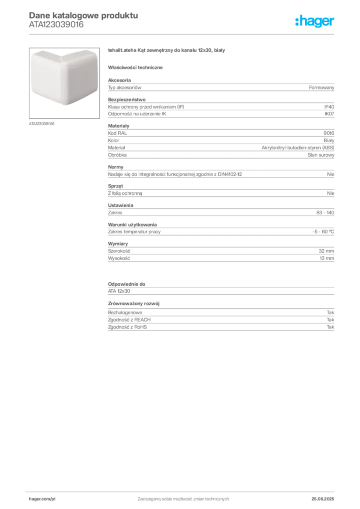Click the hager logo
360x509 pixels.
click(314, 21)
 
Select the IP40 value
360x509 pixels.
click(329, 107)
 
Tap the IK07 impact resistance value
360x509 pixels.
click(329, 114)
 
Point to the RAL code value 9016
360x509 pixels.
click(329, 133)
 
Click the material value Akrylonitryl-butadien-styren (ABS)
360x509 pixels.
click(298, 148)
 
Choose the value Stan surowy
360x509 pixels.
click(321, 155)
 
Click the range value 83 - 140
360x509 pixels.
click(325, 213)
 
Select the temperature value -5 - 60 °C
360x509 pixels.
click(323, 232)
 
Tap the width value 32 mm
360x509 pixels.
click(326, 251)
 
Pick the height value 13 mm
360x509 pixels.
click(327, 258)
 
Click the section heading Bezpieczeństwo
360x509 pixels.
click(127, 99)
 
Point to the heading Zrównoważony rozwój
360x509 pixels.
click(134, 304)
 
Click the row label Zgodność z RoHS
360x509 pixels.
click(127, 327)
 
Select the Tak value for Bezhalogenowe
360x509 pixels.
click(330, 312)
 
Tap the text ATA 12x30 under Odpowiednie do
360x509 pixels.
click(119, 291)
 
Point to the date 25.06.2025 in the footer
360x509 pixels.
click(323, 499)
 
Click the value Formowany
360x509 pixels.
click(321, 87)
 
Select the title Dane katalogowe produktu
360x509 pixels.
click(84, 15)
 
